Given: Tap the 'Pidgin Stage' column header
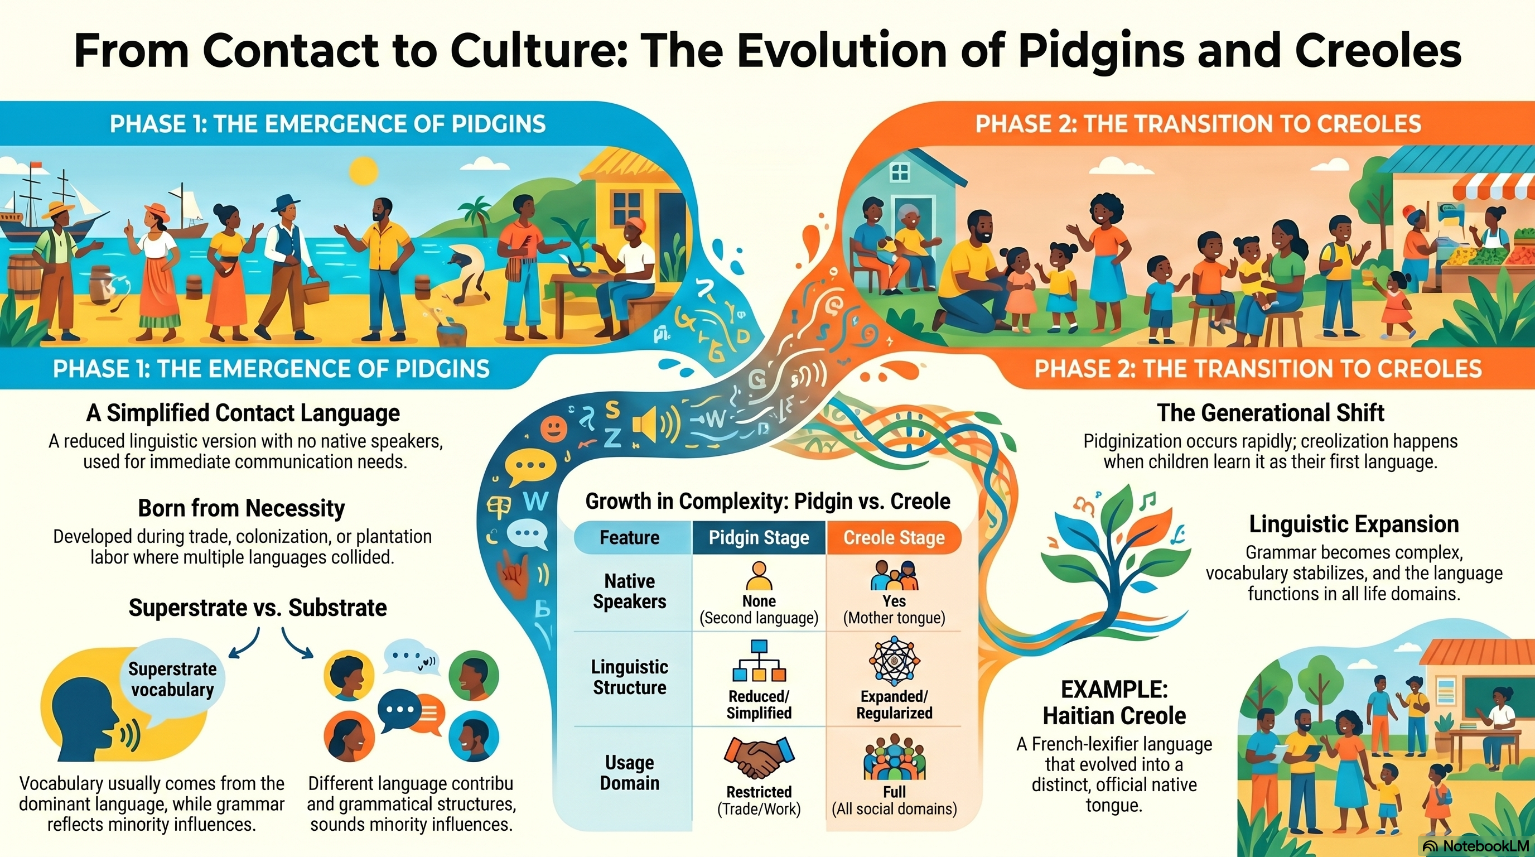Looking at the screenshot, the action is coord(759,537).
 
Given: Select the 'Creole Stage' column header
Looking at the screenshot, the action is coord(894,537).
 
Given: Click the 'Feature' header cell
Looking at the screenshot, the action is coord(629,537).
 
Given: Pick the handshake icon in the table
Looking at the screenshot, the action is coord(758,757).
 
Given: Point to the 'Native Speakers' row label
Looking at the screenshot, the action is coord(629,591).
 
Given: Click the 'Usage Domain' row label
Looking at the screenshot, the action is coord(629,772).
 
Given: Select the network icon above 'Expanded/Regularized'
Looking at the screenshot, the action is coord(894,661).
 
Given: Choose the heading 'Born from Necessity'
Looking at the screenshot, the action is coord(242,508).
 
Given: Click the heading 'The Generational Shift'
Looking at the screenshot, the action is coord(1271,412).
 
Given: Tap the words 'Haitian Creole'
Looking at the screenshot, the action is coord(1114,715).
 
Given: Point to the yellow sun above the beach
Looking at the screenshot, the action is coord(363,171).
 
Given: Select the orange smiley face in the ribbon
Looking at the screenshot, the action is coord(553,428).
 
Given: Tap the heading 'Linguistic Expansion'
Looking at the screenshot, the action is coord(1354,524).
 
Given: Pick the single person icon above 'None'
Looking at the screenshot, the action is coord(759,576).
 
